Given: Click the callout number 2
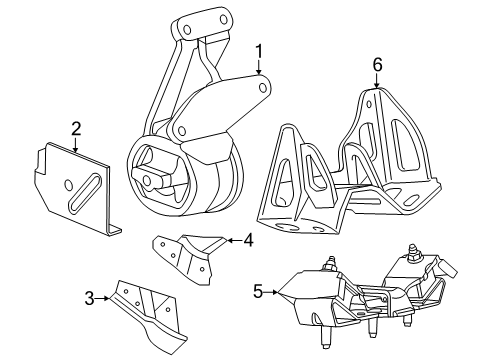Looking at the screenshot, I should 76,128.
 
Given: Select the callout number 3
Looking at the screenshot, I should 89,298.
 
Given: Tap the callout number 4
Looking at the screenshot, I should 248,239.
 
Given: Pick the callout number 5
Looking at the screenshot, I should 259,292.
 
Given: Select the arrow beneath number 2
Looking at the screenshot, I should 76,144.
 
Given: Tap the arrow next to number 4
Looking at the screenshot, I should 230,240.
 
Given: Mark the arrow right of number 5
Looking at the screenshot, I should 276,292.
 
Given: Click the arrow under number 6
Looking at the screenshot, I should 377,82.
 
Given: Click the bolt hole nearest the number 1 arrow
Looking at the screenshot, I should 263,88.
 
